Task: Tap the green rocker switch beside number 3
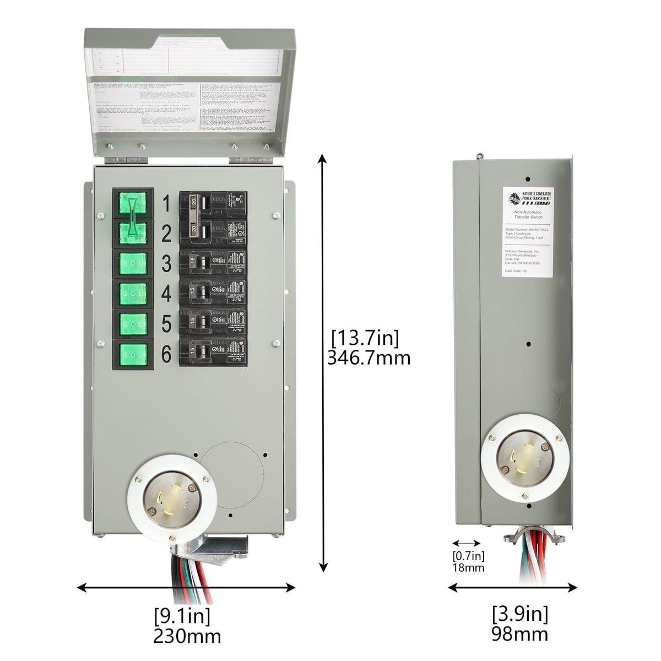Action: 133,264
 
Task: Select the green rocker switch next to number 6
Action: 133,354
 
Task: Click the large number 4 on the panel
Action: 166,294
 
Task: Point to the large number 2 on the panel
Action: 166,234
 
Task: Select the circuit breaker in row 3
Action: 213,263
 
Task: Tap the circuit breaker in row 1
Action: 213,204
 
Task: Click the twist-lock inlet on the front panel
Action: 170,498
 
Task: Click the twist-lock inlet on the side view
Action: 525,457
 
